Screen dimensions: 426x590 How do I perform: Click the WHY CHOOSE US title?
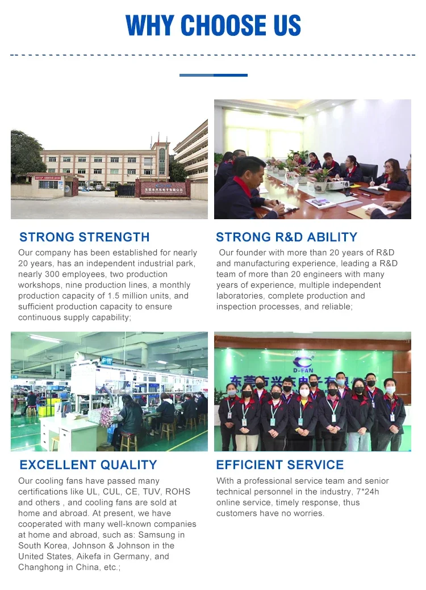click(213, 25)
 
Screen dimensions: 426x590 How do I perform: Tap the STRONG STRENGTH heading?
click(84, 237)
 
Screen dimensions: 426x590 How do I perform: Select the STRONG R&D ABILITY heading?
click(286, 237)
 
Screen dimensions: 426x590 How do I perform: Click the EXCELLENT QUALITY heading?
click(88, 465)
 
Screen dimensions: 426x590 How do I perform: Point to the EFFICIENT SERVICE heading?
click(279, 465)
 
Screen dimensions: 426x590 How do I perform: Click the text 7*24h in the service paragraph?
click(367, 491)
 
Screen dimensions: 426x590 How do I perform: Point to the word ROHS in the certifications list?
click(178, 491)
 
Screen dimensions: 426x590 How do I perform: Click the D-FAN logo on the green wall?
click(303, 363)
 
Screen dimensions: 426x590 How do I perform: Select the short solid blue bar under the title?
click(214, 76)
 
